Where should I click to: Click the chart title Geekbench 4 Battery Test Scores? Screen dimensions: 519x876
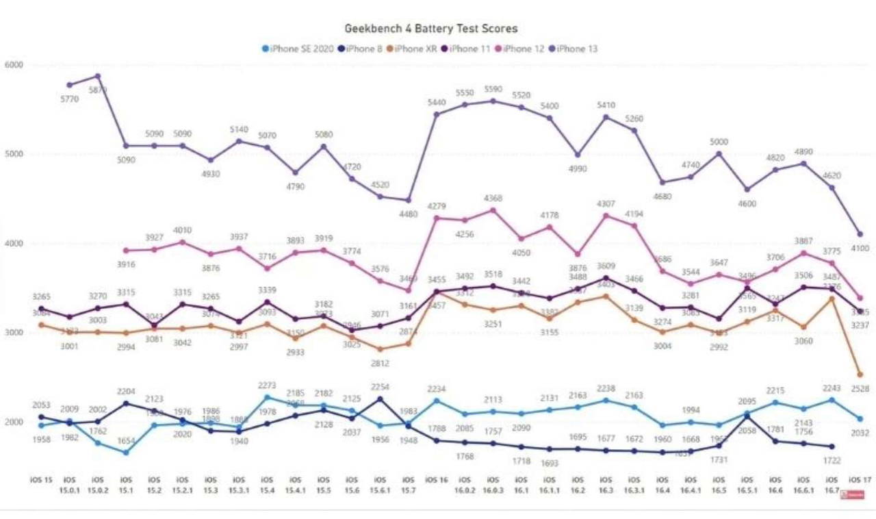pos(430,29)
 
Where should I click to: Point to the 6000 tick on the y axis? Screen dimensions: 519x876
pos(14,65)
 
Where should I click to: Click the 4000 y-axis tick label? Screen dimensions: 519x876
pos(14,244)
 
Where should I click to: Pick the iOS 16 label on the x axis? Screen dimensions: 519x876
pos(436,479)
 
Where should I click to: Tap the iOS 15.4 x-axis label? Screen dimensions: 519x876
pos(267,484)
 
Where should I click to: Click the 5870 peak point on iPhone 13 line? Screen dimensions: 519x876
pos(97,76)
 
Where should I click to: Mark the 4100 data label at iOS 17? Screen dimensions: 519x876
pos(860,249)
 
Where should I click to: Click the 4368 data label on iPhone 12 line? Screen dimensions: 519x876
pos(493,199)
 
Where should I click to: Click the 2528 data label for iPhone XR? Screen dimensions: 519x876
pos(860,389)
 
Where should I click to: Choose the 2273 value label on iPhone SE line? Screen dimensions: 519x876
pos(268,385)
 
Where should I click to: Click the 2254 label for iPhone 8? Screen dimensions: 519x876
pos(380,387)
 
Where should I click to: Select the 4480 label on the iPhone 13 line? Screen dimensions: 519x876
pos(409,213)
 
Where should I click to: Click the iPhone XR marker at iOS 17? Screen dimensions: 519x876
pos(860,375)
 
